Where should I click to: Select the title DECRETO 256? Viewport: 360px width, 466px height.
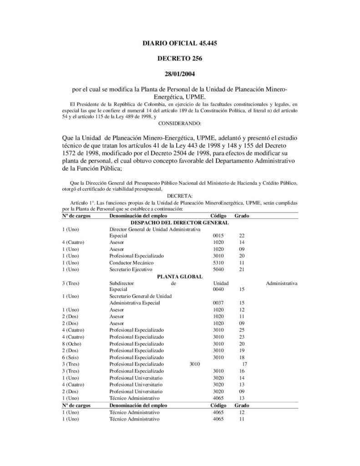pos(179,58)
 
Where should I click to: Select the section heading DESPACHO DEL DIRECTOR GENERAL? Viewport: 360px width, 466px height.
pos(179,222)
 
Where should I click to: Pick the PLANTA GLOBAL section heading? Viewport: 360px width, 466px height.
pos(179,276)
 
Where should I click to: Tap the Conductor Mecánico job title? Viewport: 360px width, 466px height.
pos(132,263)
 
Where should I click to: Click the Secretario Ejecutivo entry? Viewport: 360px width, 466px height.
pos(131,269)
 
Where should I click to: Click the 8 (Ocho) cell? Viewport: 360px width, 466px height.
pos(71,344)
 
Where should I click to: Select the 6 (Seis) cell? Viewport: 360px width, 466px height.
pos(71,357)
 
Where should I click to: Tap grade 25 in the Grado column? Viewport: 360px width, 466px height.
pos(242,329)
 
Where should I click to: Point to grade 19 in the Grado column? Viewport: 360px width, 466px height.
pos(242,350)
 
